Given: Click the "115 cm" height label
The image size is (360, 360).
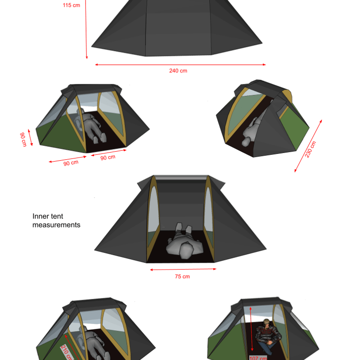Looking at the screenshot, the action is (72, 5).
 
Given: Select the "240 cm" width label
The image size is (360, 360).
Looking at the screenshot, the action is (178, 71).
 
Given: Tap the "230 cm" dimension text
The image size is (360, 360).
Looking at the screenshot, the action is (310, 149).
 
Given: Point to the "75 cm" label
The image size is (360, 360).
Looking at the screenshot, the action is (182, 276).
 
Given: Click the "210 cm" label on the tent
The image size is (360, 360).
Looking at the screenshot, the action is (67, 352).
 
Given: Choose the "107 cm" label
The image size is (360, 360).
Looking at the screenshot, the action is (258, 358).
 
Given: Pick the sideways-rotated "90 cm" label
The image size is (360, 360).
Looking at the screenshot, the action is (23, 139).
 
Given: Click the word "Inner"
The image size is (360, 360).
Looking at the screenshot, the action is (40, 216).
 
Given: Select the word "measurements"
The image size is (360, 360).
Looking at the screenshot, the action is (56, 225).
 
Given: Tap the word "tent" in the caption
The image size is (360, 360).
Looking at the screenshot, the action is (57, 216).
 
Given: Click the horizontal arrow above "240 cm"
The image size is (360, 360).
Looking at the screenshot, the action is (180, 65).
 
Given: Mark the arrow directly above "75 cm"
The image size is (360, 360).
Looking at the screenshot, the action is (183, 269).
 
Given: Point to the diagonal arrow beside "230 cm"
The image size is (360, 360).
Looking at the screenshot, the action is (308, 146).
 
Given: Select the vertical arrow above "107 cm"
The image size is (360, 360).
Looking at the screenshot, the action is (252, 329).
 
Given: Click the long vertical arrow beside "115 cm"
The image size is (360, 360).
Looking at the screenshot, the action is (86, 29).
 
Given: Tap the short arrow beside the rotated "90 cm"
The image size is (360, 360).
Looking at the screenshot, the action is (30, 138).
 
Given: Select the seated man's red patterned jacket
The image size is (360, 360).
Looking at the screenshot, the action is (268, 334).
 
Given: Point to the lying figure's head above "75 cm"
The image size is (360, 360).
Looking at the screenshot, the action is (186, 251).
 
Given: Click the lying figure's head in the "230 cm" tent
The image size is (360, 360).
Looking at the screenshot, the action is (245, 142).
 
